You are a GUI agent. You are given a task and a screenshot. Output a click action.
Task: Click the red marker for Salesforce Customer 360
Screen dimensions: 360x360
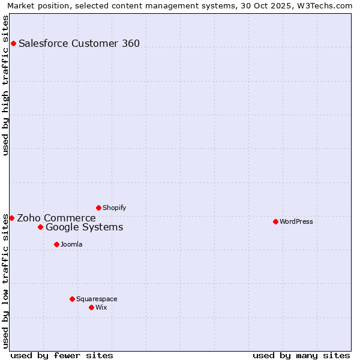(13, 43)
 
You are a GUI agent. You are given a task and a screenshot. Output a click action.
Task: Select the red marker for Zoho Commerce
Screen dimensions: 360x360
(11, 218)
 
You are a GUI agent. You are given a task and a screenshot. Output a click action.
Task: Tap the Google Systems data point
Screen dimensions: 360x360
(40, 227)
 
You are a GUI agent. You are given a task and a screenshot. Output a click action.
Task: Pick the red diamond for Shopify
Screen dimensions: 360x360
(98, 208)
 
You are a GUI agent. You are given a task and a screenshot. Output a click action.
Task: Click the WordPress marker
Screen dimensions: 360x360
(275, 221)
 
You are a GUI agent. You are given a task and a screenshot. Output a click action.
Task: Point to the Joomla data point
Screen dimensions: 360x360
(56, 244)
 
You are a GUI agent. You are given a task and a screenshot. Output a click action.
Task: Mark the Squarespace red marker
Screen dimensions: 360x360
(72, 299)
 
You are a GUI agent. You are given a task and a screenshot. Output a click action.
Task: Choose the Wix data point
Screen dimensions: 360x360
(91, 307)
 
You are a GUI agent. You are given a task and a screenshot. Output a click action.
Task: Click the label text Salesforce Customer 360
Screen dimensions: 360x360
(79, 43)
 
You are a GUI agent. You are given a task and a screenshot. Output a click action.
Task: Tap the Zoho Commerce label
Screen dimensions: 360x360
(56, 218)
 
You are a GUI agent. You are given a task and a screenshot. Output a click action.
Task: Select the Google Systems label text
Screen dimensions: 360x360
(85, 227)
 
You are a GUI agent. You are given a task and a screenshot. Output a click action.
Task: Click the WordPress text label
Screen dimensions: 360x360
(296, 221)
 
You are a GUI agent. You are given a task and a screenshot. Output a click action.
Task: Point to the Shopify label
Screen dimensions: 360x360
(115, 208)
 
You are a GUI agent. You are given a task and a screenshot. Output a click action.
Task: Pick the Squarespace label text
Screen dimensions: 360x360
(97, 299)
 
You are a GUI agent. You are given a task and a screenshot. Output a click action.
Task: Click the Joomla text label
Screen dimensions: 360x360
(71, 244)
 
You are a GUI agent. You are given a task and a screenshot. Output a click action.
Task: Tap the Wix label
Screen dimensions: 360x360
(101, 307)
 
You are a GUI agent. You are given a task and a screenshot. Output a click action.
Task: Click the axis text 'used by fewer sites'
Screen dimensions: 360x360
(62, 355)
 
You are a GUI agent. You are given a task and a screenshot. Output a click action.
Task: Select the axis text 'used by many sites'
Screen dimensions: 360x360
(301, 355)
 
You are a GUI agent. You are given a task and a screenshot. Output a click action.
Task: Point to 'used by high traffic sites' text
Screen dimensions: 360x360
(6, 85)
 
